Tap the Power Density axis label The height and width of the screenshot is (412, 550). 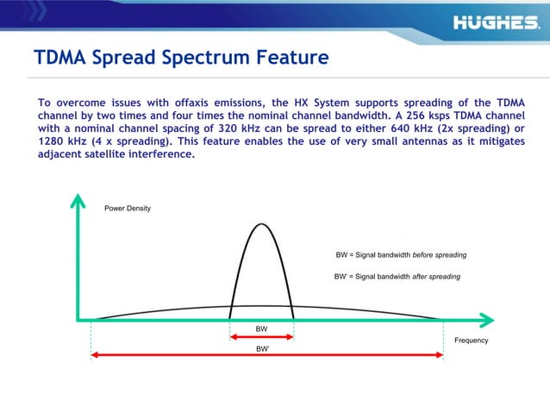[128, 209]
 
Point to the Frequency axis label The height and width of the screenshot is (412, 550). [471, 340]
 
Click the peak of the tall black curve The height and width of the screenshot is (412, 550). [261, 224]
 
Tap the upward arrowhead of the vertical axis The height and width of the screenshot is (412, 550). [78, 201]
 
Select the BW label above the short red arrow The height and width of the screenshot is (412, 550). [261, 329]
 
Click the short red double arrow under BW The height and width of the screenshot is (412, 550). [261, 338]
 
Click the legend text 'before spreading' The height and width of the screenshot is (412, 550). [440, 256]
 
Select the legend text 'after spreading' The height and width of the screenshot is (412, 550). [436, 277]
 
